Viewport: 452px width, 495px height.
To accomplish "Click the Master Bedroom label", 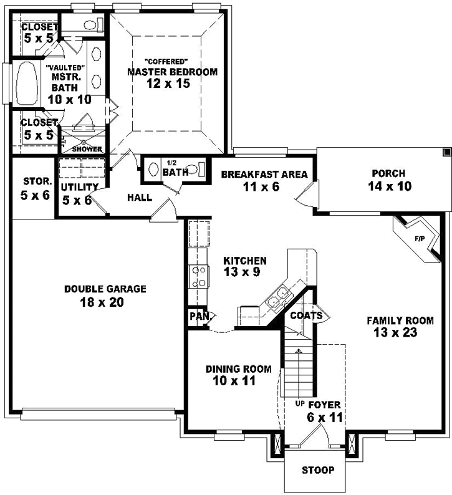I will (172, 72).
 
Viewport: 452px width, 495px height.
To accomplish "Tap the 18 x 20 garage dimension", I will (105, 303).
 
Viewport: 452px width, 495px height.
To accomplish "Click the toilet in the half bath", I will (196, 169).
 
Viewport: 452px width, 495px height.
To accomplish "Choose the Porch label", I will (388, 173).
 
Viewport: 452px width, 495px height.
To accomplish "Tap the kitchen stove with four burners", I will (198, 276).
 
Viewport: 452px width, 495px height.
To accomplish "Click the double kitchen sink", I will (277, 296).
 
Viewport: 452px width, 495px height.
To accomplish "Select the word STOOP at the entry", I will (317, 470).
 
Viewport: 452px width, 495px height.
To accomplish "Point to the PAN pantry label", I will (199, 316).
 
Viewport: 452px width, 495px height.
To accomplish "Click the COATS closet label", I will (305, 316).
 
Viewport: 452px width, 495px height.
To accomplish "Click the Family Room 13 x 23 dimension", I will (400, 333).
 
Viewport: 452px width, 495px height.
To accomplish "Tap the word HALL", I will (140, 198).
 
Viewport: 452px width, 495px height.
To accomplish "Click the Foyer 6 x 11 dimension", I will (325, 418).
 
